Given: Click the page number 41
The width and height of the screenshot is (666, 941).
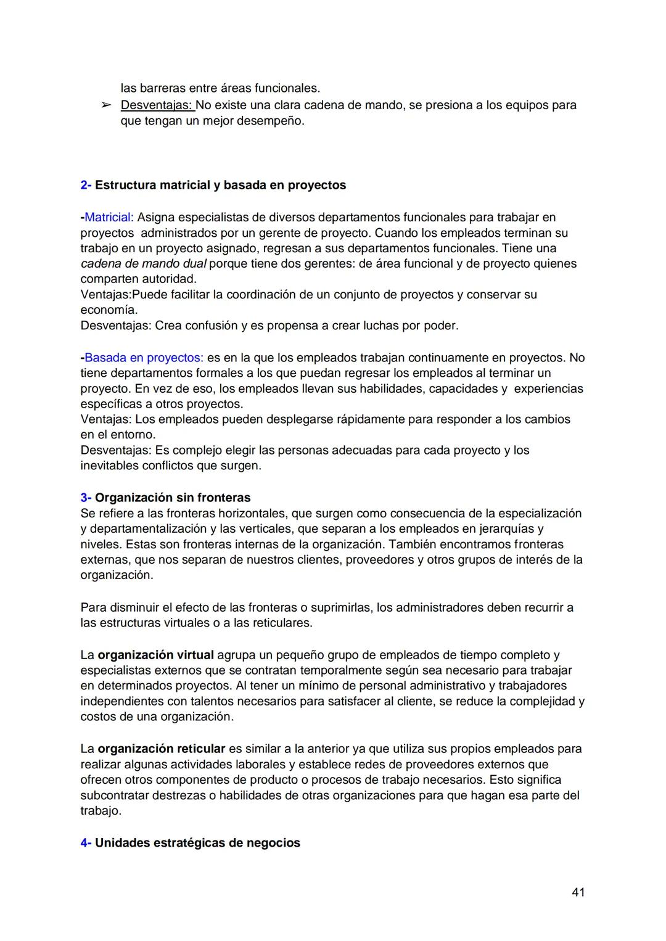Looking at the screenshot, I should [578, 892].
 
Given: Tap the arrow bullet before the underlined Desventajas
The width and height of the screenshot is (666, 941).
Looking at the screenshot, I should [106, 105].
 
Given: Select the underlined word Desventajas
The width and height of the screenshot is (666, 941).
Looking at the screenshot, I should [157, 105].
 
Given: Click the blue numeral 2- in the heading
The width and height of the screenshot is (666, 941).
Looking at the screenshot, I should [86, 185].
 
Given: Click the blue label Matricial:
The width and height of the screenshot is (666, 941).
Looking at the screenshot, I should [109, 217].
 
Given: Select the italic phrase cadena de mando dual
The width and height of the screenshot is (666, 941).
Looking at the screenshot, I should [144, 263].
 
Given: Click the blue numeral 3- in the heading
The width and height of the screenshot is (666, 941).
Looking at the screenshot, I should [86, 497].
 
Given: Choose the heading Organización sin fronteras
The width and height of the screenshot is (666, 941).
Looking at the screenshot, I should [173, 497].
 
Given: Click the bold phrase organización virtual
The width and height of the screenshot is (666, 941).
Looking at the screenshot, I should [155, 655].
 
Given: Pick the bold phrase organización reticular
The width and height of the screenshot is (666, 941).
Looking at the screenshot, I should [161, 749].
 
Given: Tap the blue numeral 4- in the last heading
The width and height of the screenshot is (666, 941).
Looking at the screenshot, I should [86, 842].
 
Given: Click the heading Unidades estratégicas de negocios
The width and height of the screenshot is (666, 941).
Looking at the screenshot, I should [197, 842].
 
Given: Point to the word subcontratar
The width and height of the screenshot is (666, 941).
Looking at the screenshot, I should [115, 795].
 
